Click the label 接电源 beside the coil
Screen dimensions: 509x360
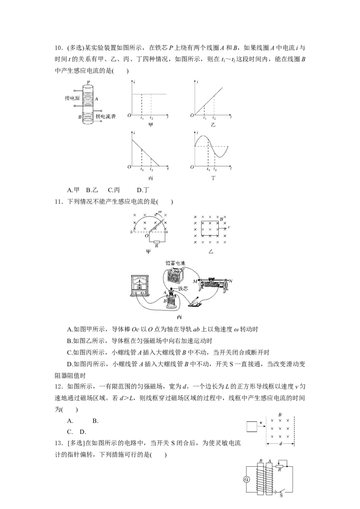(x=72, y=98)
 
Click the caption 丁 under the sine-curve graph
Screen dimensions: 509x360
(x=212, y=178)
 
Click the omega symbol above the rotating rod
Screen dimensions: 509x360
(x=159, y=211)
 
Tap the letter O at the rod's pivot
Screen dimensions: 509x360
(x=145, y=235)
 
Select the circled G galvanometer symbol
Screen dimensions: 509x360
(x=246, y=479)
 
